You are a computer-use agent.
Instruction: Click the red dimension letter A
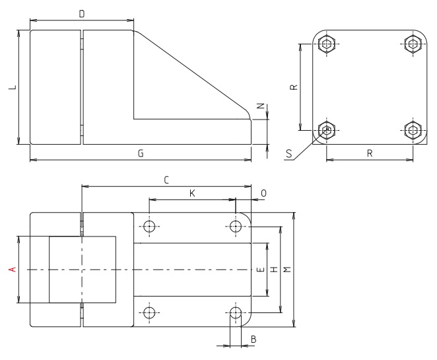tap(10, 269)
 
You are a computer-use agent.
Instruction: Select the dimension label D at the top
tap(81, 13)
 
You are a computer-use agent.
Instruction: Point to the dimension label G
tap(140, 153)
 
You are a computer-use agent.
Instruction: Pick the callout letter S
tap(288, 154)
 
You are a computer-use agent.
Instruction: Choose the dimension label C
tap(166, 179)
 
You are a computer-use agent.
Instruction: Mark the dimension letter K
tap(192, 192)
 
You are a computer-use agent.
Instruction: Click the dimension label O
tap(263, 192)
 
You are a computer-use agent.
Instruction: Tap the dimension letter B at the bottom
tap(253, 340)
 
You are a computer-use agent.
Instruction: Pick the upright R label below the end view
tap(370, 153)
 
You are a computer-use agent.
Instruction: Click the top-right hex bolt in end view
tap(413, 44)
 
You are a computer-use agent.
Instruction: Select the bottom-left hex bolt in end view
tap(326, 129)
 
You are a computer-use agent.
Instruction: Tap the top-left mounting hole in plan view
tap(150, 227)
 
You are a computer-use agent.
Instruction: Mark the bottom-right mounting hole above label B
tap(236, 312)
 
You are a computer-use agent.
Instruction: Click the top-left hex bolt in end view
tap(326, 44)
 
